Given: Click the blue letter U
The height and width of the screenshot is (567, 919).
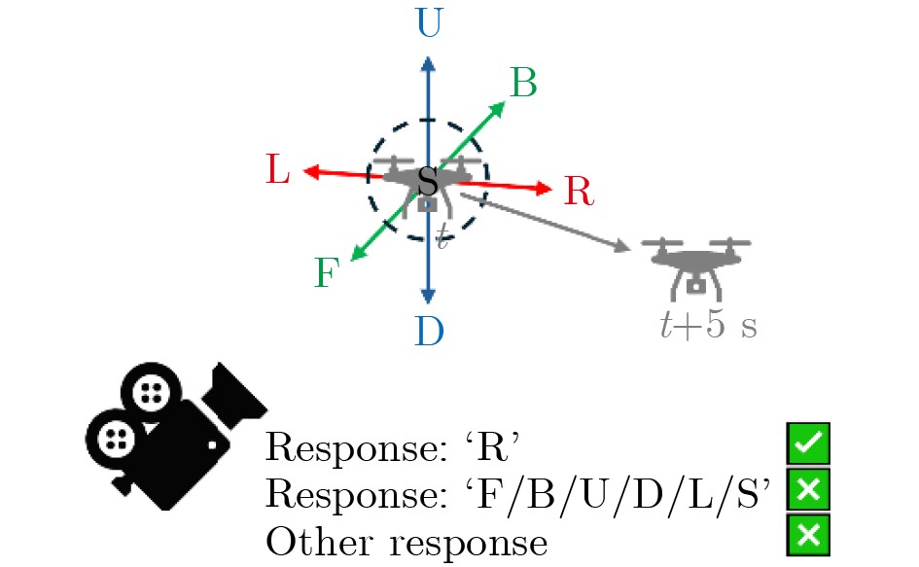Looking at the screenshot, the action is [x=429, y=23].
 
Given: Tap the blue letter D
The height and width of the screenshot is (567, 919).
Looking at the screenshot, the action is [x=430, y=332].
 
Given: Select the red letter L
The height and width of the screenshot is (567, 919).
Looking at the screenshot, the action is [x=278, y=169].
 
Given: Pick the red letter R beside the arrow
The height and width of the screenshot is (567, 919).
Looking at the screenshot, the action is [x=579, y=191].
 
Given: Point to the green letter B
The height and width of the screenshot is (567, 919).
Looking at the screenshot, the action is [x=524, y=83].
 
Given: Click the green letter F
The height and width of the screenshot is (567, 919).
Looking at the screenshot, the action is [x=327, y=272].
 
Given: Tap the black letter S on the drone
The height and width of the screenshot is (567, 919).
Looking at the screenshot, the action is [x=428, y=181].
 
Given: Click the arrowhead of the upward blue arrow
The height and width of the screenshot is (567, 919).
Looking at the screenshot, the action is [x=429, y=64].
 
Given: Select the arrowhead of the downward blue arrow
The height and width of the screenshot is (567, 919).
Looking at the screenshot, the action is [x=429, y=296].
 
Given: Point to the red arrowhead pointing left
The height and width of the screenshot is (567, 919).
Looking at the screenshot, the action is [x=311, y=172].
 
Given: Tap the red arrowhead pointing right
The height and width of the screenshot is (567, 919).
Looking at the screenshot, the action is [x=544, y=189].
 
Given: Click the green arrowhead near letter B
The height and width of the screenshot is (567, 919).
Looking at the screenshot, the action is [x=498, y=109].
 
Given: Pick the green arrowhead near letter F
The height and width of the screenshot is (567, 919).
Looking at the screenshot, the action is [x=357, y=253].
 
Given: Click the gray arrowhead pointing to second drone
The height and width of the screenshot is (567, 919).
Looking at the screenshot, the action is [x=622, y=246].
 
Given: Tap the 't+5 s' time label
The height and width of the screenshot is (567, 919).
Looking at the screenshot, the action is [x=709, y=324].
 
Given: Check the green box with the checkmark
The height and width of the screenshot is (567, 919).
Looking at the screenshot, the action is [x=808, y=443].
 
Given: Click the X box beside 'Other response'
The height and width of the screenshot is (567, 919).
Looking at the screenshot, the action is [x=808, y=535].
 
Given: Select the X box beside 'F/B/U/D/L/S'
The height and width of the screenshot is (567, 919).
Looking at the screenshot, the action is [x=808, y=489].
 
